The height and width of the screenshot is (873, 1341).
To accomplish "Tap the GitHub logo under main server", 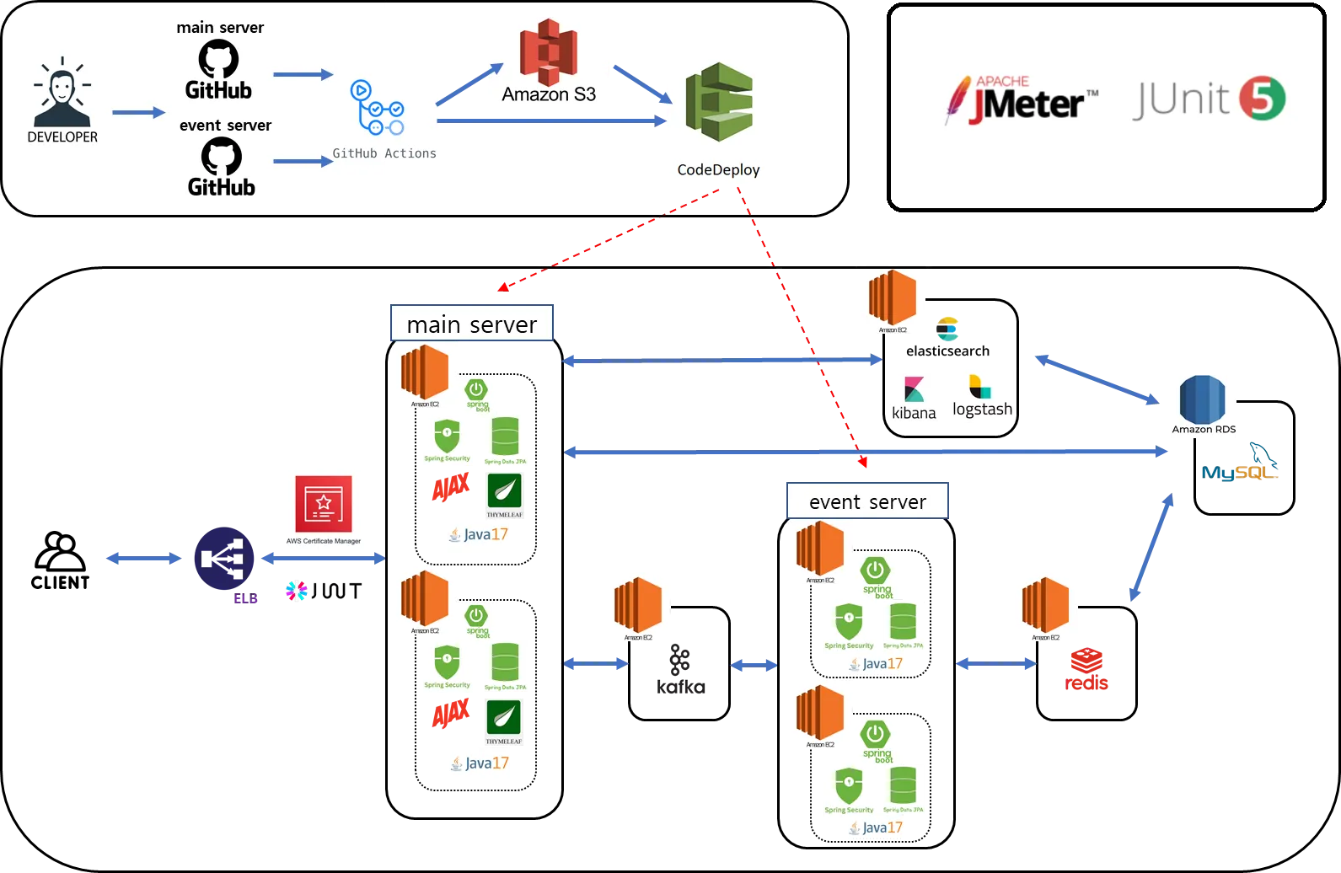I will tap(218, 60).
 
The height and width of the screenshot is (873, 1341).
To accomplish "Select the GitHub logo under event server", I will tap(221, 157).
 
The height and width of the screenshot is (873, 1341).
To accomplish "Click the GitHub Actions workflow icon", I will tap(377, 109).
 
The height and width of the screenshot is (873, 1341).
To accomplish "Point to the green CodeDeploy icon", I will tap(718, 101).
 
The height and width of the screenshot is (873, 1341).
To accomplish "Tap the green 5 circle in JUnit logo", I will tap(1262, 99).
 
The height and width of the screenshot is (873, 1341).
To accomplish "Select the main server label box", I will tap(471, 324).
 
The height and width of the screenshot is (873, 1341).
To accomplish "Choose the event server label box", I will tap(867, 501).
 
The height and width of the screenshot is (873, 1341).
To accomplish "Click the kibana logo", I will tap(914, 397).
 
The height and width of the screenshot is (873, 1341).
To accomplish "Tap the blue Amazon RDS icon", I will tap(1203, 400).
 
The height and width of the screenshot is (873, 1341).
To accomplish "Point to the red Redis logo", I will tap(1087, 670).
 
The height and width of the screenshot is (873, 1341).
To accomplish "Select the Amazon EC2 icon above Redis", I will tap(1045, 605).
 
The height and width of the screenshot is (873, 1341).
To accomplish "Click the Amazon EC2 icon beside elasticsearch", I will tap(893, 298).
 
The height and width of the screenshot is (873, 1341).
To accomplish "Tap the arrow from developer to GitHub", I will tap(138, 113).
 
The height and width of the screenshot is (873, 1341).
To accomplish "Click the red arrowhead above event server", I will tap(861, 462).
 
